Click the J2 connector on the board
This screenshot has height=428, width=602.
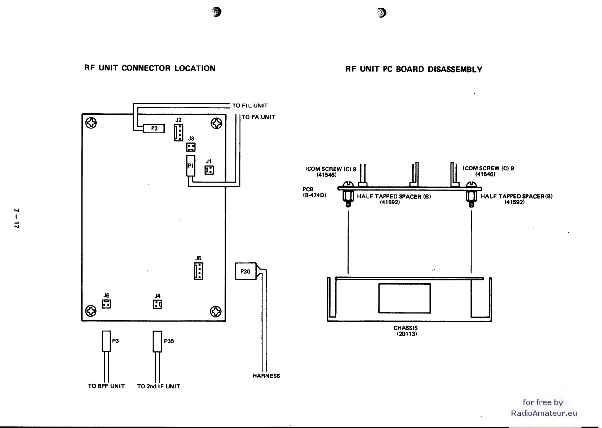pos(178,132)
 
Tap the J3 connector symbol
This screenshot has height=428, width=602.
pos(191,147)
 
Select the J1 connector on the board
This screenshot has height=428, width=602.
pos(209,170)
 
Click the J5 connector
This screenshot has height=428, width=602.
pos(198,271)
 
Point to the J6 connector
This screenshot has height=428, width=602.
pos(106,304)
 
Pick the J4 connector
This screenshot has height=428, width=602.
pos(158,305)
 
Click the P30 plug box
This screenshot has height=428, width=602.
pos(245,271)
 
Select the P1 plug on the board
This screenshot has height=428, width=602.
pos(191,166)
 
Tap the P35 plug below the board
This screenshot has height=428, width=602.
pos(158,341)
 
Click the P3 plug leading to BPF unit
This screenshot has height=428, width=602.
pos(106,341)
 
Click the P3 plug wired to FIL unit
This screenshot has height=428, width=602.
pos(154,128)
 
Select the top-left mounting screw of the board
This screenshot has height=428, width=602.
pos(91,123)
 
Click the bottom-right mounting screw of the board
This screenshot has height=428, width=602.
pos(216,311)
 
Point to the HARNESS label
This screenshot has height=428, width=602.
pos(266,376)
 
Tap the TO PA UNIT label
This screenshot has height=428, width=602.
pos(258,117)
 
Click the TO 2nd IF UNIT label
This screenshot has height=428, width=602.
pos(159,386)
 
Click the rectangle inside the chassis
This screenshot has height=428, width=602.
pos(404,298)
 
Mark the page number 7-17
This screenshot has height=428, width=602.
pos(16,218)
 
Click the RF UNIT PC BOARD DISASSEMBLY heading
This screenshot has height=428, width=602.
pos(413,69)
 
